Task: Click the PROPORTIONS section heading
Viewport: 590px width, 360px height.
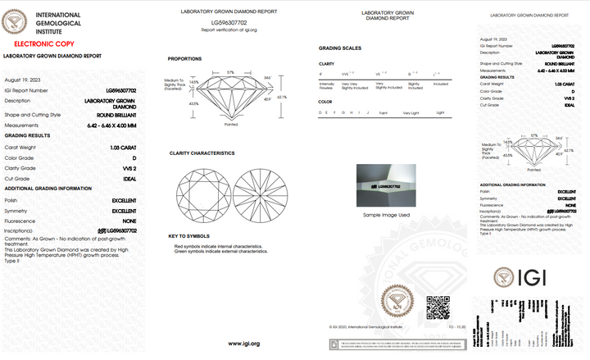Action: [x=185, y=59]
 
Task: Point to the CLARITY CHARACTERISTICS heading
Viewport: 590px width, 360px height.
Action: [x=202, y=153]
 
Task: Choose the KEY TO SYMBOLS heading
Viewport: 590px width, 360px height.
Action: [x=189, y=235]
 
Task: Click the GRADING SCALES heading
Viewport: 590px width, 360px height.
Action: [x=340, y=48]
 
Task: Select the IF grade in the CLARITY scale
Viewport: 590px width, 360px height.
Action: [x=320, y=73]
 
